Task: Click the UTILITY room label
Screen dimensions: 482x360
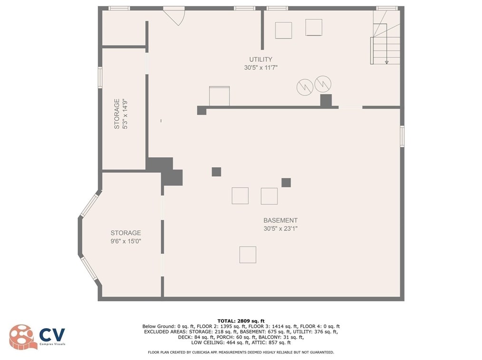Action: tap(260, 59)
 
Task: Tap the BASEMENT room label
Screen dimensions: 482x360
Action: tap(280, 220)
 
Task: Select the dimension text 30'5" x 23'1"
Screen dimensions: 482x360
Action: tap(280, 228)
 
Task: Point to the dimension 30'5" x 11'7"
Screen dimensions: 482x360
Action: tap(260, 67)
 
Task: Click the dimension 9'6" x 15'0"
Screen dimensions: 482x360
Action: tap(125, 241)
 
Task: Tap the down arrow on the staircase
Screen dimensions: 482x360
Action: tap(386, 62)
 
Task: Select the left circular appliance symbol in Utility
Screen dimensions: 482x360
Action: tap(305, 87)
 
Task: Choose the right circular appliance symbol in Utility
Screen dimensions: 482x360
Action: tap(323, 84)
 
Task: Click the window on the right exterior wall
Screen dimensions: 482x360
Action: tap(402, 136)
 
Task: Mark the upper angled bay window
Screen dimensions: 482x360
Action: tap(89, 206)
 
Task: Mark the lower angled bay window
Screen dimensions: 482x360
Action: tap(89, 268)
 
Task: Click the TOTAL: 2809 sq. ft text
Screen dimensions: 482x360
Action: tap(241, 321)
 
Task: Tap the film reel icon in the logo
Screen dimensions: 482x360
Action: tap(21, 337)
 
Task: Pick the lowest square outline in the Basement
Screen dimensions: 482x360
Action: tap(248, 255)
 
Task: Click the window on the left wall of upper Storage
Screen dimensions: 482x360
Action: tap(100, 78)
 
